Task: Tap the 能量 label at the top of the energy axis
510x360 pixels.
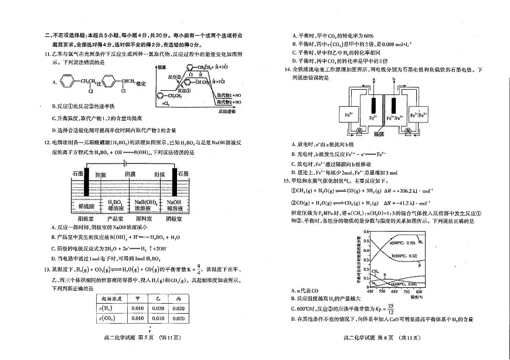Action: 163,67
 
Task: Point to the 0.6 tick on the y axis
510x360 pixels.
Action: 365,232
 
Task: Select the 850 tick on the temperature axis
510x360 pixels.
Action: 419,291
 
